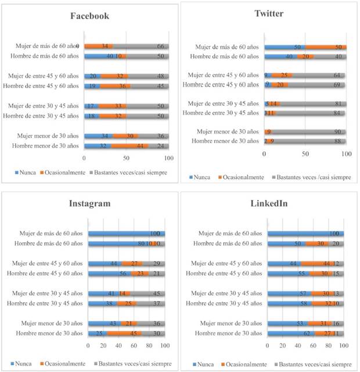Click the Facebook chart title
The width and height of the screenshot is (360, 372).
89,16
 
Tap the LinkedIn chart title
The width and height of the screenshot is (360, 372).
268,203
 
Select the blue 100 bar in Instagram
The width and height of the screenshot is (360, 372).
126,234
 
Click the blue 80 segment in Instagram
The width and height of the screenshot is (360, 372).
118,244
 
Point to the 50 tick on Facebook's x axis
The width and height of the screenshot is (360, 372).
127,158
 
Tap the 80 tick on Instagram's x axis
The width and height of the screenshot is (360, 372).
149,346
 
